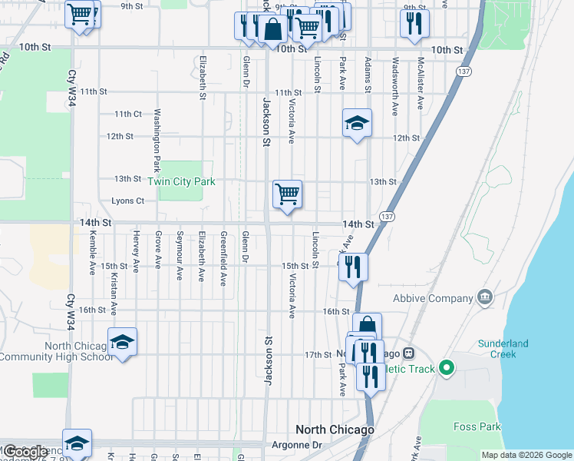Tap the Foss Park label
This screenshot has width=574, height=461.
click(477, 427)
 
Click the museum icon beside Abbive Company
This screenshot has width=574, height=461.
click(484, 297)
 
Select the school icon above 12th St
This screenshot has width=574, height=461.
click(357, 123)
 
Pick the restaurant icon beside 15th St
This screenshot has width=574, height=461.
click(353, 267)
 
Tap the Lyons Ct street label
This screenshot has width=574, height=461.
click(128, 201)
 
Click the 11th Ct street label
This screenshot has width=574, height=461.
click(128, 114)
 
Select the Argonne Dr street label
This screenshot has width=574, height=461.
click(295, 445)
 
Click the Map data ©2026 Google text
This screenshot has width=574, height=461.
click(526, 455)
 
